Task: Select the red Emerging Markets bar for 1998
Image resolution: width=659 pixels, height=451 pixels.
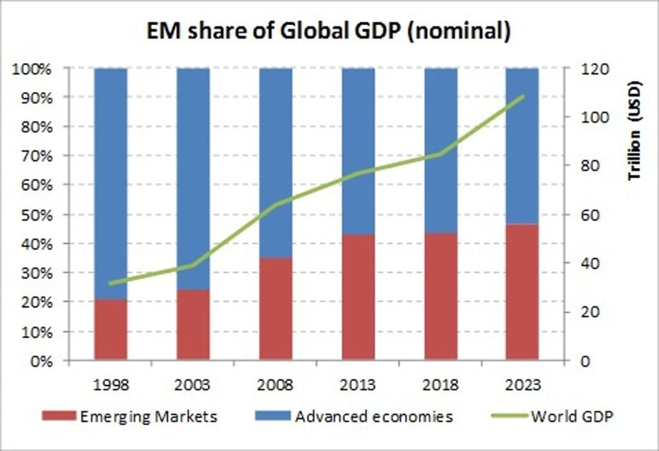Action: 111,329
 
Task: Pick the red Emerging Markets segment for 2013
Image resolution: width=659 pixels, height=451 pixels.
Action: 358,297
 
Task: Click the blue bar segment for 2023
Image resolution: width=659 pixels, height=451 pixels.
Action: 522,145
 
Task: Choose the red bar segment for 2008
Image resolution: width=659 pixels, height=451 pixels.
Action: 275,309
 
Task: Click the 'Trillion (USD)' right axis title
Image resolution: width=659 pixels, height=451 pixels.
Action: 635,132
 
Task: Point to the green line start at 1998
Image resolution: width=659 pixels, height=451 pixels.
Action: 111,283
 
